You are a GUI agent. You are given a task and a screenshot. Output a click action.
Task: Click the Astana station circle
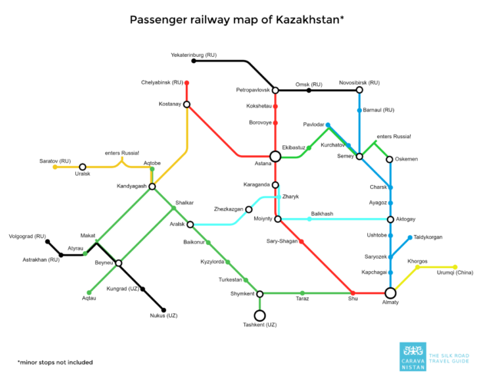click(275, 156)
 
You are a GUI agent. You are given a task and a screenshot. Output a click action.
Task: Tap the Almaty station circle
click(390, 293)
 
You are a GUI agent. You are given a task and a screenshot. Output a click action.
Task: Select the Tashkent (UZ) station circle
click(260, 315)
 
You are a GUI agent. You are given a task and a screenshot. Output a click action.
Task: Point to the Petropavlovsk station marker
click(275, 90)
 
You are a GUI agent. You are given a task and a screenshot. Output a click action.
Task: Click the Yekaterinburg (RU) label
click(194, 55)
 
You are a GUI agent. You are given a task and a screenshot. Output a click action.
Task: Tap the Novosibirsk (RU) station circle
click(359, 90)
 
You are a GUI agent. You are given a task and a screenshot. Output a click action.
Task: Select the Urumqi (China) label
click(455, 273)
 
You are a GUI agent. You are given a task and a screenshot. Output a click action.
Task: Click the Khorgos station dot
click(418, 267)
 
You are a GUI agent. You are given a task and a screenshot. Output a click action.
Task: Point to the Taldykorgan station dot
click(409, 237)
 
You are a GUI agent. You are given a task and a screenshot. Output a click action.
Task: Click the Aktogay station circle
click(390, 219)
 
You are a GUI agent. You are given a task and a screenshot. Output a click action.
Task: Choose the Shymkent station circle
click(260, 293)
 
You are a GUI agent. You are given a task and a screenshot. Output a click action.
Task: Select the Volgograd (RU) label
click(27, 235)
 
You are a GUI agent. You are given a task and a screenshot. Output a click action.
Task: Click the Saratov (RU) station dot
click(55, 167)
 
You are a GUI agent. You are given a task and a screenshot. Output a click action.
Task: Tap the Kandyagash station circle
click(152, 186)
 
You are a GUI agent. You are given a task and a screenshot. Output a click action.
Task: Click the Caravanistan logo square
click(411, 355)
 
